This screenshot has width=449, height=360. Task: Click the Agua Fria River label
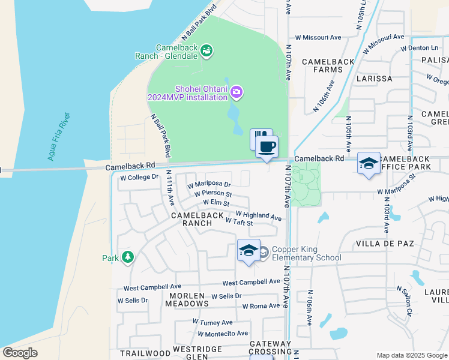[x=59, y=137]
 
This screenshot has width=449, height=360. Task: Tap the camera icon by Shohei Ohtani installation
[x=237, y=92]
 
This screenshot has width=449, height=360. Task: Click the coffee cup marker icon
[x=267, y=146]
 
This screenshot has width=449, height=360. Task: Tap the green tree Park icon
[x=127, y=257]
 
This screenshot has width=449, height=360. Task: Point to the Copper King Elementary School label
[x=306, y=254]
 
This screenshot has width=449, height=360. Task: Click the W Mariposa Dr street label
[x=209, y=184]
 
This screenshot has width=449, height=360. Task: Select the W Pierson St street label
[x=213, y=194]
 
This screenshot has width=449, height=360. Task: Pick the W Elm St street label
[x=217, y=203]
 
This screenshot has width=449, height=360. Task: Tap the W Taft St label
[x=239, y=222]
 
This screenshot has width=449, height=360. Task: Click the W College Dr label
[x=139, y=177]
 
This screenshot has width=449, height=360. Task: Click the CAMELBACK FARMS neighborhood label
[x=322, y=65]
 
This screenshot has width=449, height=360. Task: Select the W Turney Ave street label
[x=212, y=322]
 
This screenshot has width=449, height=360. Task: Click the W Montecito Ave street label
[x=222, y=334]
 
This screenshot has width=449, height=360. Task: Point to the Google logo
[x=20, y=353]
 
